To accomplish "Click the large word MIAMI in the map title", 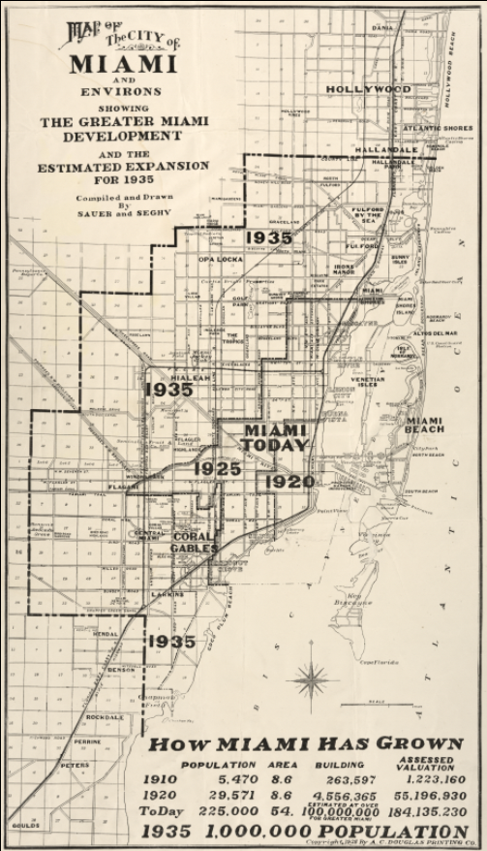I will pyautogui.click(x=122, y=64).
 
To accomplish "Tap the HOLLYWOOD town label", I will pyautogui.click(x=368, y=89).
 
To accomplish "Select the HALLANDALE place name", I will pyautogui.click(x=384, y=151).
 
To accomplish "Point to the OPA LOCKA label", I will pyautogui.click(x=219, y=259).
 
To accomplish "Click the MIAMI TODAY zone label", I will pyautogui.click(x=275, y=437).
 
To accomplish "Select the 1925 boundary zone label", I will pyautogui.click(x=215, y=469).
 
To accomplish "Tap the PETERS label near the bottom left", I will pyautogui.click(x=75, y=765).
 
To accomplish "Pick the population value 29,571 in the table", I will pyautogui.click(x=231, y=794).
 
